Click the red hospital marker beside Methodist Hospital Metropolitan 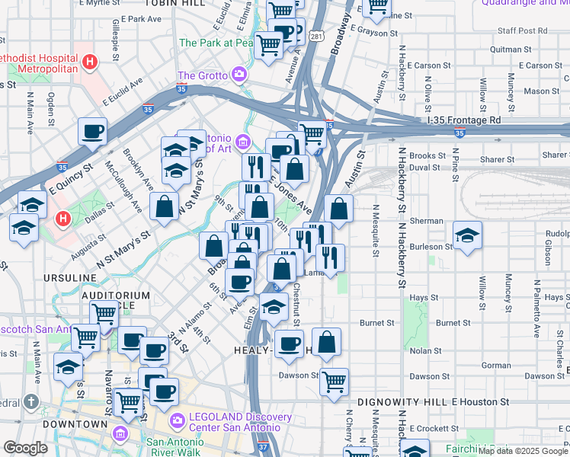pyautogui.click(x=91, y=61)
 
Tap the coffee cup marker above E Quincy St pyautogui.click(x=92, y=131)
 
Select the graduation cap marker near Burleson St pyautogui.click(x=467, y=235)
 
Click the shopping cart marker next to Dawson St pyautogui.click(x=334, y=382)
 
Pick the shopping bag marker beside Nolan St pyautogui.click(x=327, y=343)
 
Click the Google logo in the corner pyautogui.click(x=26, y=448)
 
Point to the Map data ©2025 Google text pyautogui.click(x=523, y=451)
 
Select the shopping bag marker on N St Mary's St pyautogui.click(x=165, y=206)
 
